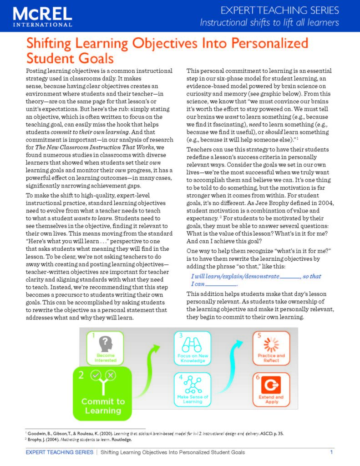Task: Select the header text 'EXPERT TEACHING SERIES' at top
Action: coord(280,10)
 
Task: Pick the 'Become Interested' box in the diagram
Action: coord(105,348)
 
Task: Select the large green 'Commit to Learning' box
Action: coord(102,393)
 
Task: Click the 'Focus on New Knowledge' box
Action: coord(192,348)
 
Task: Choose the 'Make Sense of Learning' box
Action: coord(192,389)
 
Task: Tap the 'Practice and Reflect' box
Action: coord(271,348)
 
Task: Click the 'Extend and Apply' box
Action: coord(271,389)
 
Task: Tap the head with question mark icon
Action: coord(106,343)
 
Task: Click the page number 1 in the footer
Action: coord(331,452)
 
